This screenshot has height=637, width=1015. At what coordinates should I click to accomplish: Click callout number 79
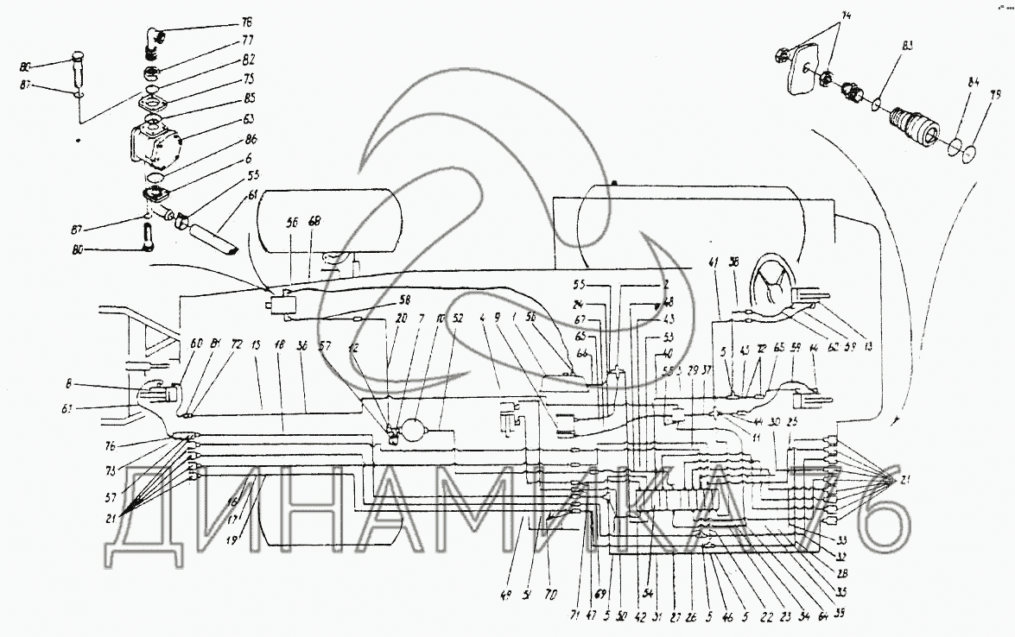pyautogui.click(x=995, y=96)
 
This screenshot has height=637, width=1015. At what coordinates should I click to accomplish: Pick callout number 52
pyautogui.click(x=458, y=318)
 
